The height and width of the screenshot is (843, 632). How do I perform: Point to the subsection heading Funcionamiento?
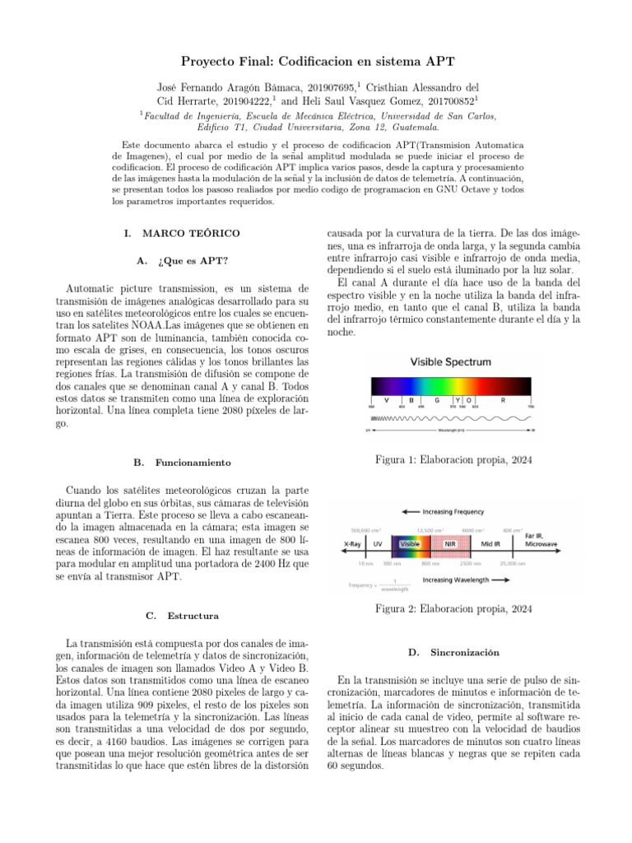(191, 463)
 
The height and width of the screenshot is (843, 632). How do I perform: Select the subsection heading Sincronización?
(465, 652)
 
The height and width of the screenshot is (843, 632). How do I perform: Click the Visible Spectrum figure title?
(450, 361)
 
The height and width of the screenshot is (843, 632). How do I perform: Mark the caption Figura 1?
(453, 459)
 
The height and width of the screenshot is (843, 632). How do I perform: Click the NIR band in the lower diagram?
(450, 543)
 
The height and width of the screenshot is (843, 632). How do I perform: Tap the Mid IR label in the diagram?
(491, 543)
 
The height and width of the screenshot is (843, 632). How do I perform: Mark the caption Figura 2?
(453, 609)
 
